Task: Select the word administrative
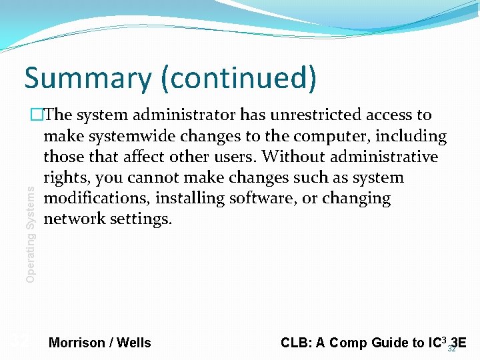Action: [383, 157]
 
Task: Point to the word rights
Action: [66, 178]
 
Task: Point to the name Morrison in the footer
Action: [77, 343]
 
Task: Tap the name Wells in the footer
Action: [134, 343]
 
